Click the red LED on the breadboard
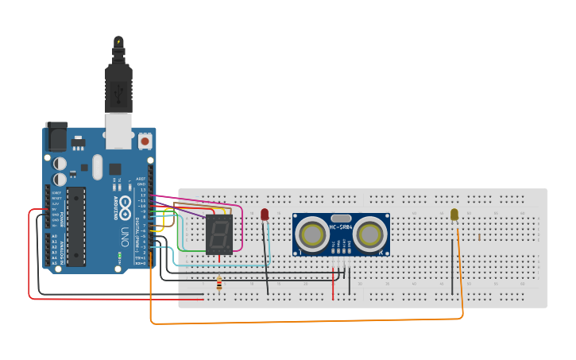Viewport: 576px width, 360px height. pyautogui.click(x=265, y=214)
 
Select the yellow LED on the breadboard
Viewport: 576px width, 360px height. pyautogui.click(x=454, y=215)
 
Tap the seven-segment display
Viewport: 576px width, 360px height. pyautogui.click(x=218, y=234)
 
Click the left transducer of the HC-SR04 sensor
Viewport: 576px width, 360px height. pyautogui.click(x=312, y=234)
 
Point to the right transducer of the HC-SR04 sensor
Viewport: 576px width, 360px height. pyautogui.click(x=369, y=234)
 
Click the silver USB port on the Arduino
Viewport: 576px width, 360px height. pyautogui.click(x=119, y=130)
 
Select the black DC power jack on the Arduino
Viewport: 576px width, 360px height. pyautogui.click(x=56, y=137)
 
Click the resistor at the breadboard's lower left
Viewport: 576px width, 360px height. pyautogui.click(x=219, y=284)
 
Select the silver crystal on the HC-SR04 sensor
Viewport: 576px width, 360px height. pyautogui.click(x=341, y=218)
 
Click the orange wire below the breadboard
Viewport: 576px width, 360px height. pyautogui.click(x=302, y=323)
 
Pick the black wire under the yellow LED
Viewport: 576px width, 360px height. pyautogui.click(x=453, y=266)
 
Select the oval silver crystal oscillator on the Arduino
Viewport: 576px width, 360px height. pyautogui.click(x=97, y=166)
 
